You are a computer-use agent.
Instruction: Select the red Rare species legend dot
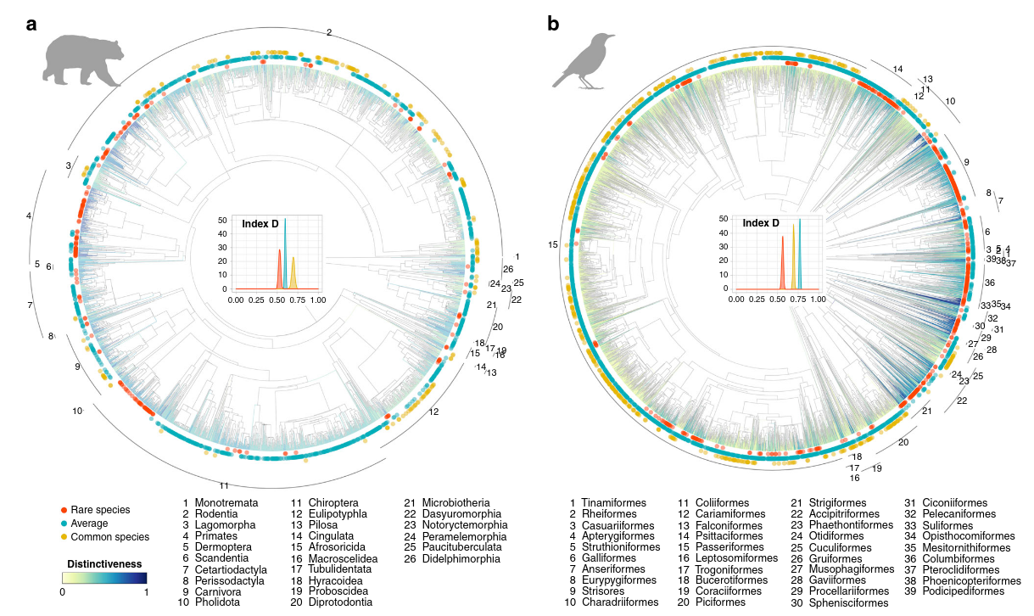click(64, 510)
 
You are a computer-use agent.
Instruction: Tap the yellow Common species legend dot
click(64, 537)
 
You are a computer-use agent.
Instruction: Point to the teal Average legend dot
click(64, 524)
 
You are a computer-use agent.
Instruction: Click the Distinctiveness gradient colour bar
click(104, 578)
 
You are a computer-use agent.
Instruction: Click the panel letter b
click(553, 25)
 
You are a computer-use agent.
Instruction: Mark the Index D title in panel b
click(761, 223)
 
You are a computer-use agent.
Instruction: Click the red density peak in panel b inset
click(782, 255)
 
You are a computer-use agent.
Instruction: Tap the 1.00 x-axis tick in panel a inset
click(318, 300)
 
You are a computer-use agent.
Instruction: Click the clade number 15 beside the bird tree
click(553, 244)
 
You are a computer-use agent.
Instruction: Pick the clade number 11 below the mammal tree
click(225, 485)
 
